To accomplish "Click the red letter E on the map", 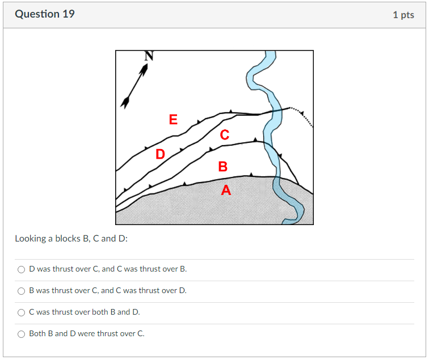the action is pyautogui.click(x=173, y=120).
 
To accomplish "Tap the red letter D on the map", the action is pyautogui.click(x=161, y=154).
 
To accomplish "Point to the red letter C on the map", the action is pyautogui.click(x=225, y=135).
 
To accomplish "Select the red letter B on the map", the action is pyautogui.click(x=222, y=167).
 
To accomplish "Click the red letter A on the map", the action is pyautogui.click(x=226, y=190).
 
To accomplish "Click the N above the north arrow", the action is pyautogui.click(x=149, y=56).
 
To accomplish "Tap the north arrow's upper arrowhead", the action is pyautogui.click(x=145, y=69).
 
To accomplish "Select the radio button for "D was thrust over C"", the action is pyautogui.click(x=22, y=269).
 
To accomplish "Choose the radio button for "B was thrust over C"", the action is pyautogui.click(x=22, y=291).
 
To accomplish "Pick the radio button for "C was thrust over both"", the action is pyautogui.click(x=22, y=312).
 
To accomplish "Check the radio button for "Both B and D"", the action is pyautogui.click(x=22, y=334).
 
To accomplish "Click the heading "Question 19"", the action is pyautogui.click(x=45, y=14).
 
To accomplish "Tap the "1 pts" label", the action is pyautogui.click(x=403, y=15).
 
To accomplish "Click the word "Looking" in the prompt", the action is pyautogui.click(x=30, y=239).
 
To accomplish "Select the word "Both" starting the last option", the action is pyautogui.click(x=37, y=334).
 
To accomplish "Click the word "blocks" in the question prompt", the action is pyautogui.click(x=68, y=239).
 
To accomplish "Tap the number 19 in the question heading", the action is pyautogui.click(x=68, y=14).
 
